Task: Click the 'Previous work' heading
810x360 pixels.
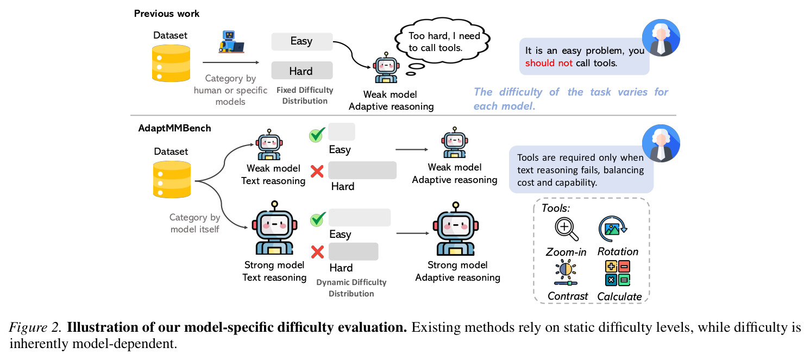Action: click(x=166, y=14)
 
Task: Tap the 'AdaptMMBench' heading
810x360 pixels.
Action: click(x=174, y=128)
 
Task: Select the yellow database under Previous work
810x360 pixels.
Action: click(x=171, y=63)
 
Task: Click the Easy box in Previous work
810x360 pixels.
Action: click(x=302, y=41)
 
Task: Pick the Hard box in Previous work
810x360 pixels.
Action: click(x=302, y=71)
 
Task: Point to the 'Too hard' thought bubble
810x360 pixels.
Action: click(x=443, y=42)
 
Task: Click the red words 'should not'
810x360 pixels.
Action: click(x=549, y=63)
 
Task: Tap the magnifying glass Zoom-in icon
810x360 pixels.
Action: click(x=567, y=229)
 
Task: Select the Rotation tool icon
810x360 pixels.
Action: click(x=613, y=229)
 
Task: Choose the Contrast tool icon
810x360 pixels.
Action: click(x=566, y=273)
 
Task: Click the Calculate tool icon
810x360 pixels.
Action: click(x=618, y=273)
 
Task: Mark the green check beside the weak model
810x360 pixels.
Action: click(x=317, y=135)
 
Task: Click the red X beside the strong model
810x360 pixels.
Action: click(x=317, y=252)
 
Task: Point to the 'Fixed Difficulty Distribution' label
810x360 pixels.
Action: click(x=305, y=96)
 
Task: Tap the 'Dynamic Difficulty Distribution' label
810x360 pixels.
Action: click(x=351, y=288)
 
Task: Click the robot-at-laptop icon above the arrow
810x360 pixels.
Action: click(x=231, y=42)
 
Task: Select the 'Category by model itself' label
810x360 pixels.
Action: click(x=195, y=223)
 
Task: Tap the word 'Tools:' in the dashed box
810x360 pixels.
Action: click(x=556, y=208)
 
